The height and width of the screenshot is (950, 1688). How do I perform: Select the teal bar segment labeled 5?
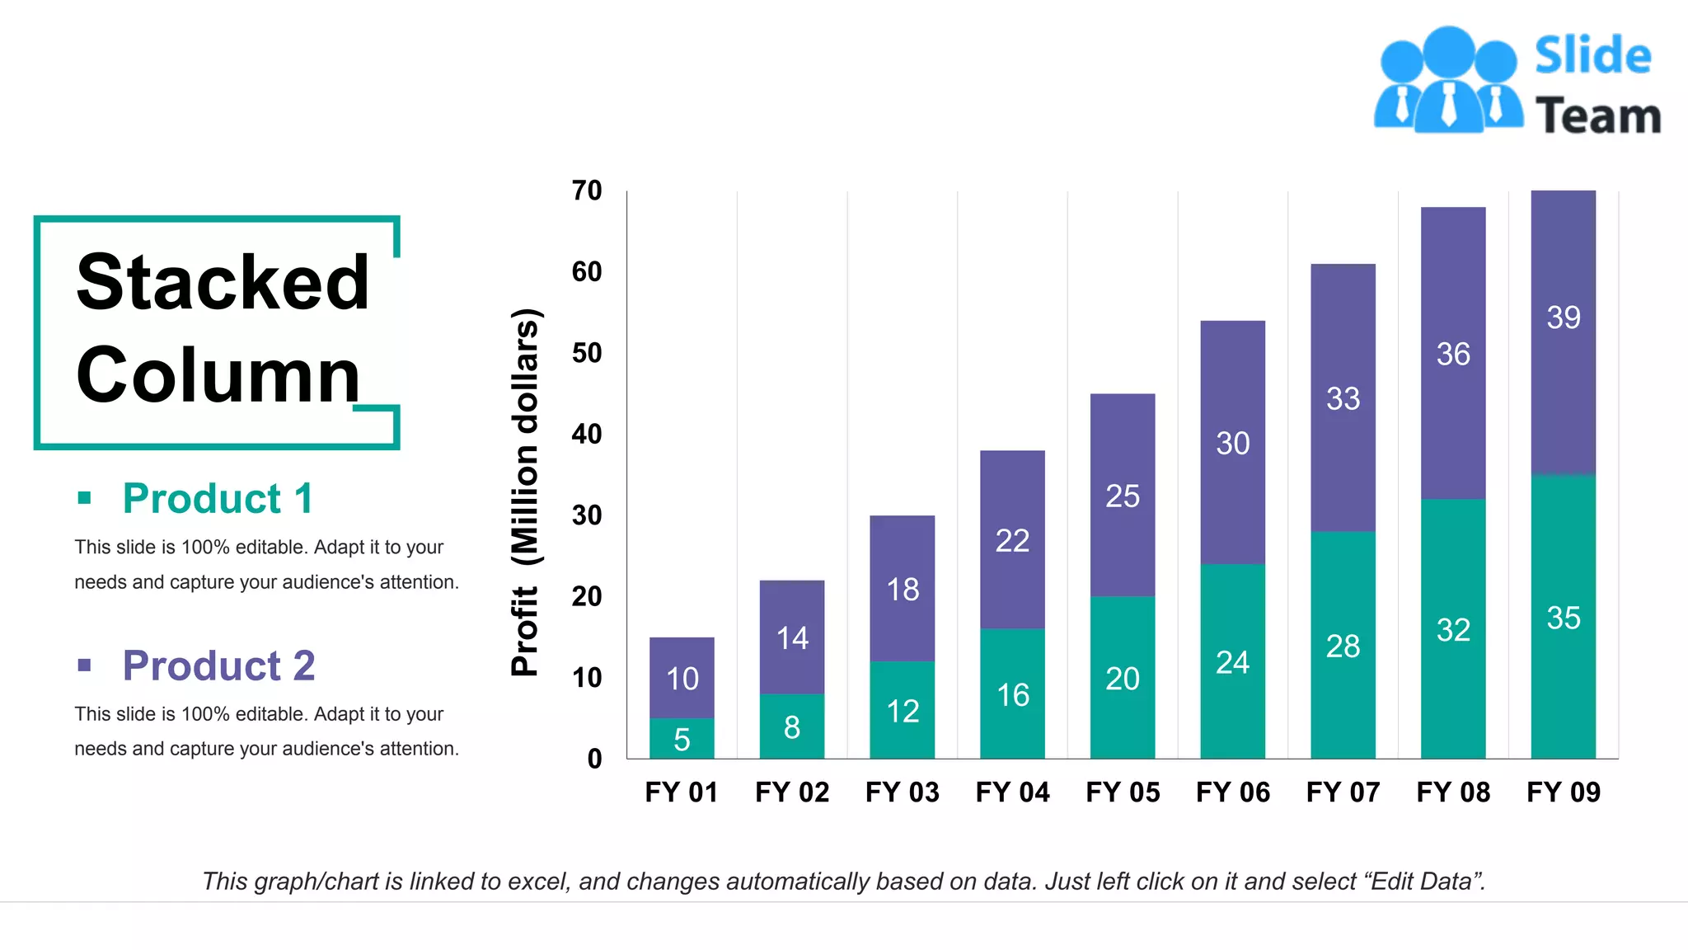click(682, 739)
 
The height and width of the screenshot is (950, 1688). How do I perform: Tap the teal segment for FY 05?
click(1122, 678)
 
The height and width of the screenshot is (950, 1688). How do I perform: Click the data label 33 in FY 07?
click(1343, 399)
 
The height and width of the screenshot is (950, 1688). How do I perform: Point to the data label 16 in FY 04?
click(1012, 695)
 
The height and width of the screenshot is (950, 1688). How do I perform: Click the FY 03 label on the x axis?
click(902, 792)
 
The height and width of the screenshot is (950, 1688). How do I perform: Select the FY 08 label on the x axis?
click(1452, 792)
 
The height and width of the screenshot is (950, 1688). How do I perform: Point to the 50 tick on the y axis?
click(587, 353)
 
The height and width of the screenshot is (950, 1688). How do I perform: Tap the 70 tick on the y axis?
click(587, 190)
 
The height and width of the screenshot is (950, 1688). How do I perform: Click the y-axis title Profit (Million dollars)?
click(524, 491)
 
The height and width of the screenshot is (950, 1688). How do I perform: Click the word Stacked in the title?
click(223, 282)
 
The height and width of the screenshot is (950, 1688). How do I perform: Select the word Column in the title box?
click(218, 375)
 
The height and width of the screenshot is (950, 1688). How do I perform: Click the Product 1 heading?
click(218, 498)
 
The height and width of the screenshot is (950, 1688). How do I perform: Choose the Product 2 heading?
click(218, 665)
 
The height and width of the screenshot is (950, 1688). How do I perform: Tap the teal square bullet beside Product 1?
click(84, 497)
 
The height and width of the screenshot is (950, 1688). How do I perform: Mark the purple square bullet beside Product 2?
click(84, 665)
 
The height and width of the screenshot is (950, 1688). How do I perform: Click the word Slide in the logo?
click(1592, 56)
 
